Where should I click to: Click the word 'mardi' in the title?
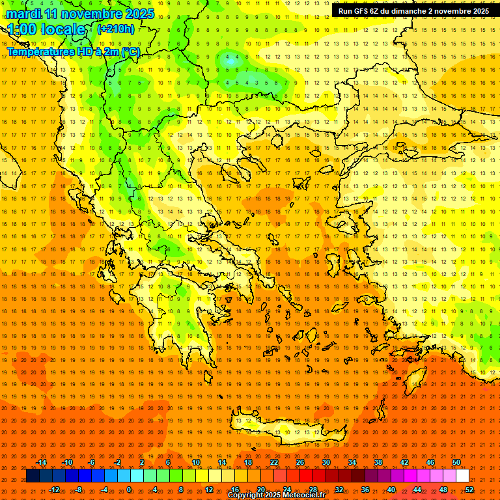coord(24,14)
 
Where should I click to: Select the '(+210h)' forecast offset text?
coord(116,29)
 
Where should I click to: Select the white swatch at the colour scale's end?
coord(462,476)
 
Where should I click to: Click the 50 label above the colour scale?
coord(456,462)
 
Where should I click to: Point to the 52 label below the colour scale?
coord(469,490)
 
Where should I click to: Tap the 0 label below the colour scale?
coord(129,490)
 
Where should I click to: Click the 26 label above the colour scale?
coord(299,462)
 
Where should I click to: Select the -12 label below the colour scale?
coord(54,490)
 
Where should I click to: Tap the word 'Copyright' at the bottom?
coord(245,495)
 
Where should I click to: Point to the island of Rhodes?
coord(414,379)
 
